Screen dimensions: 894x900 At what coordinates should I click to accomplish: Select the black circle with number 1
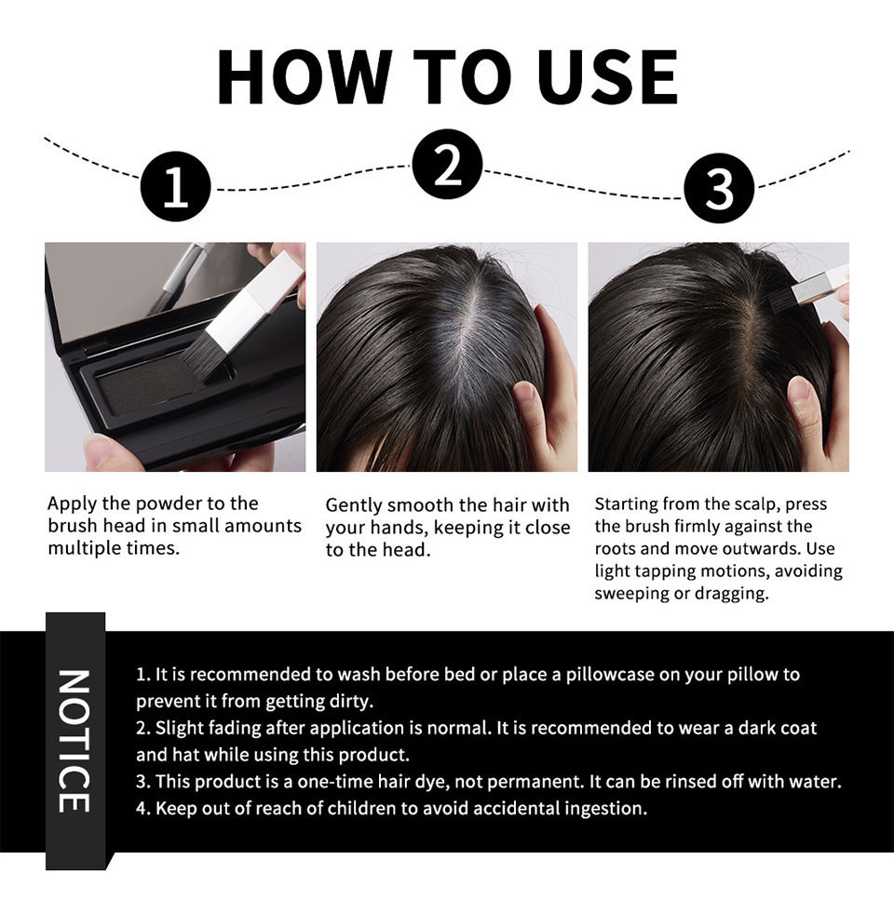176,186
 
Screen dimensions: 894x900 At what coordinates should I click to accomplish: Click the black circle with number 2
447,164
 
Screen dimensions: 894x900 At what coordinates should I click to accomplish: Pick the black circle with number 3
718,188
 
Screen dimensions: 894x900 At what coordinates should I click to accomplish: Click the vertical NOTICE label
74,741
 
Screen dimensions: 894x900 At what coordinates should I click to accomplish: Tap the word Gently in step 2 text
353,506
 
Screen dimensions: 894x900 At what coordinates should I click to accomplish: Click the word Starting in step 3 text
626,504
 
